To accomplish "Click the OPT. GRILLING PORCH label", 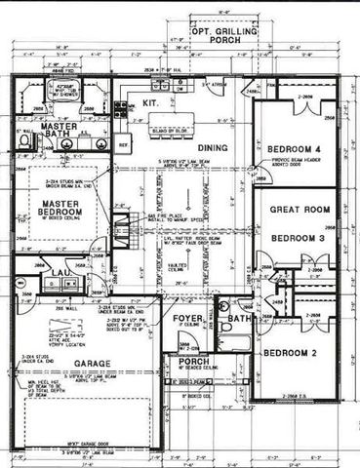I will point(227,36).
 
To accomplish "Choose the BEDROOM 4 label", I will point(295,148).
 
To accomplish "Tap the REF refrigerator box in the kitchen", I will point(124,143).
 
